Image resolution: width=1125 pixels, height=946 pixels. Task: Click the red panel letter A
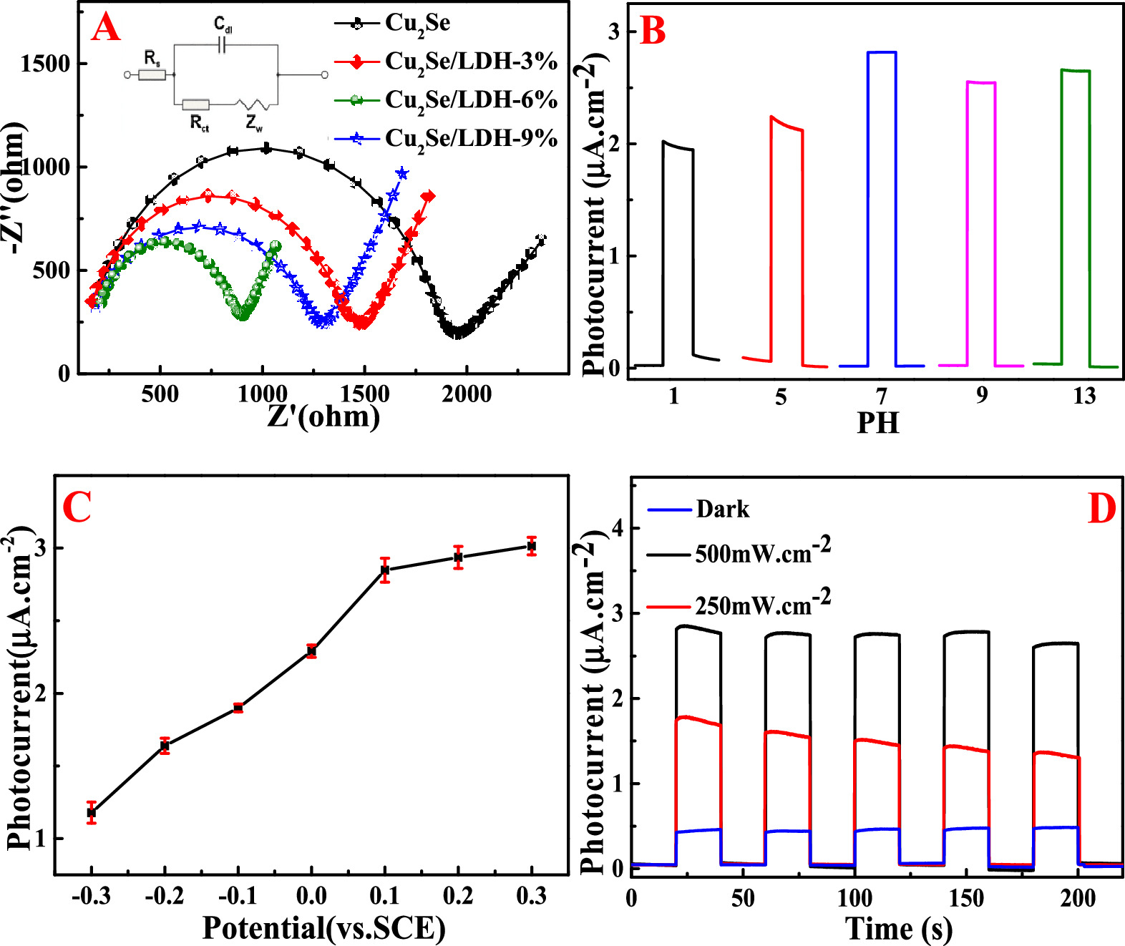pyautogui.click(x=105, y=28)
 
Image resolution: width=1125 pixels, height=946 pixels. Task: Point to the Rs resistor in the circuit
pyautogui.click(x=152, y=74)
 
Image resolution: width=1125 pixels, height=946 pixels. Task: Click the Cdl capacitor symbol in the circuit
pyautogui.click(x=222, y=46)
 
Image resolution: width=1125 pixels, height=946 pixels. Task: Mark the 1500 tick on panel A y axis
pyautogui.click(x=46, y=64)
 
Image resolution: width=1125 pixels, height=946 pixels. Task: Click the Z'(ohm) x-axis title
pyautogui.click(x=323, y=416)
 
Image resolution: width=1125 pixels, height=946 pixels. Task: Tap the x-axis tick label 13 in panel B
pyautogui.click(x=1083, y=396)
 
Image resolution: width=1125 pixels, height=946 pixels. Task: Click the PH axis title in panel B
pyautogui.click(x=878, y=423)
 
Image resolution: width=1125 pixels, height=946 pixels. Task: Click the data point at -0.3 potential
pyautogui.click(x=92, y=812)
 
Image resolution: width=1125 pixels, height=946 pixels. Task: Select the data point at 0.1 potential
pyautogui.click(x=385, y=570)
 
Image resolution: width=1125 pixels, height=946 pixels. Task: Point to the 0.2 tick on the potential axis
pyautogui.click(x=458, y=897)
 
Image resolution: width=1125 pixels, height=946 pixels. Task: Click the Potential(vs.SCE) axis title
pyautogui.click(x=324, y=927)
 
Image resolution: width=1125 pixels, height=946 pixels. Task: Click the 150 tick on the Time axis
pyautogui.click(x=967, y=898)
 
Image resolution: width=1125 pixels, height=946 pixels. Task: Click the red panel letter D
pyautogui.click(x=1101, y=509)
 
